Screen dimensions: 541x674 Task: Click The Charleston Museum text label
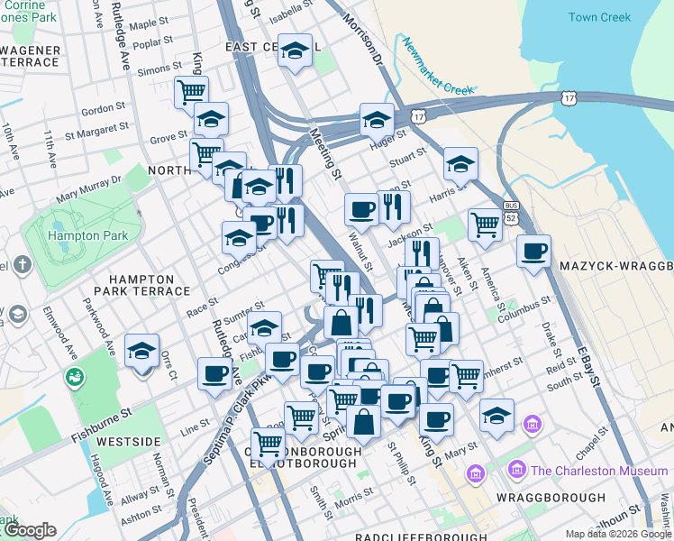[x=600, y=470]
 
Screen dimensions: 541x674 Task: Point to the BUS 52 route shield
[x=512, y=213]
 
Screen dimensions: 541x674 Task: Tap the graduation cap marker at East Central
[x=295, y=51]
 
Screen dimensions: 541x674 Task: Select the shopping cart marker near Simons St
[x=192, y=90]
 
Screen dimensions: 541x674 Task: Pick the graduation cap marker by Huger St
[x=377, y=118]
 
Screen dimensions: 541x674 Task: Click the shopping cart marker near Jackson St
[x=485, y=225]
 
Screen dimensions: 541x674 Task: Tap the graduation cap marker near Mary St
[x=496, y=415]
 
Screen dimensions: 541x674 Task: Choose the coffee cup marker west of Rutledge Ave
[x=214, y=373]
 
